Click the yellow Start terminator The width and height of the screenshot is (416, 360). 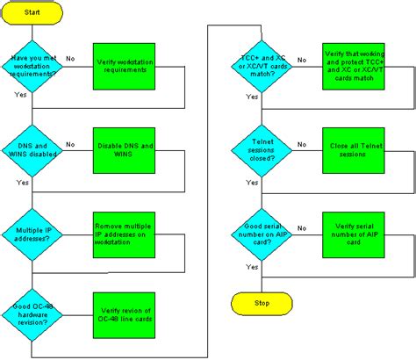click(32, 13)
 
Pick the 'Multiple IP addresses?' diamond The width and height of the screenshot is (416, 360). click(32, 232)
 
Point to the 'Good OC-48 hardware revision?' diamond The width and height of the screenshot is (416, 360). click(32, 315)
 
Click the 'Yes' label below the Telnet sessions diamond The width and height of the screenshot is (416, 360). click(253, 183)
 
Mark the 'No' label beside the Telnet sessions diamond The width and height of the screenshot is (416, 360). click(301, 144)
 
